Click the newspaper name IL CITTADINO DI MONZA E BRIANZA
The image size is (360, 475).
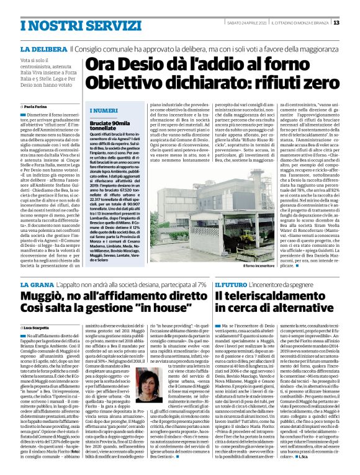(299, 23)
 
